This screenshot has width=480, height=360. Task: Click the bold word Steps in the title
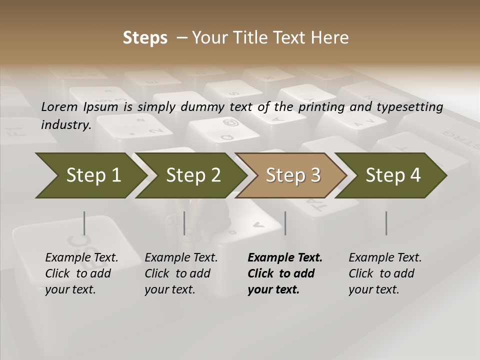pyautogui.click(x=145, y=38)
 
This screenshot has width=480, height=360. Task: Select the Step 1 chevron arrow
pyautogui.click(x=90, y=175)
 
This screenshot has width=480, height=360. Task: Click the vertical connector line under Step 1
pyautogui.click(x=84, y=223)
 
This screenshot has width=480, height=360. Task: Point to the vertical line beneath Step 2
pyautogui.click(x=184, y=223)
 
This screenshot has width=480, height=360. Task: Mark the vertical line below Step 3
pyautogui.click(x=285, y=223)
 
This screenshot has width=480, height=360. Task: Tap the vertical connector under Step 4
pyautogui.click(x=386, y=223)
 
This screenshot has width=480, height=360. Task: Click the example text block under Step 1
pyautogui.click(x=81, y=273)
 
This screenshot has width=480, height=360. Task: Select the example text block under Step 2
pyautogui.click(x=181, y=273)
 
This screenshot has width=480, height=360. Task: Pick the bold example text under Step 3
pyautogui.click(x=284, y=273)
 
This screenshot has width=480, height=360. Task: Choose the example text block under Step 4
pyautogui.click(x=385, y=273)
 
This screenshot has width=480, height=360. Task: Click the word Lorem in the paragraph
pyautogui.click(x=59, y=107)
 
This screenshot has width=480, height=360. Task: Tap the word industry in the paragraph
pyautogui.click(x=66, y=124)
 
